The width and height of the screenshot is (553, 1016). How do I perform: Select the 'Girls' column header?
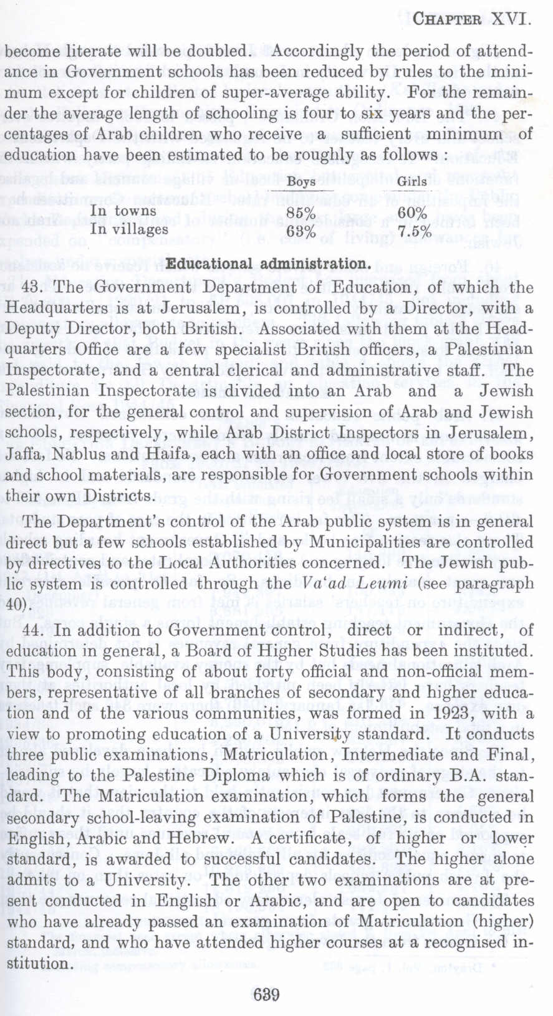click(x=412, y=181)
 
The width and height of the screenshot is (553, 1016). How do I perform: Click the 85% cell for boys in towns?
click(x=302, y=213)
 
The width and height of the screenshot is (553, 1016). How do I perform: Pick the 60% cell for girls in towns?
click(x=412, y=213)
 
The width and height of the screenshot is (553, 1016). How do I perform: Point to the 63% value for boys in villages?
click(x=302, y=232)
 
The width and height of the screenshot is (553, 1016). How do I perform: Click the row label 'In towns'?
click(x=123, y=211)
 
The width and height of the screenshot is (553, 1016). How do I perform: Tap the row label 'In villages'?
click(x=130, y=229)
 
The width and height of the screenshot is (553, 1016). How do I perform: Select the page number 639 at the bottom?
click(x=267, y=994)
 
